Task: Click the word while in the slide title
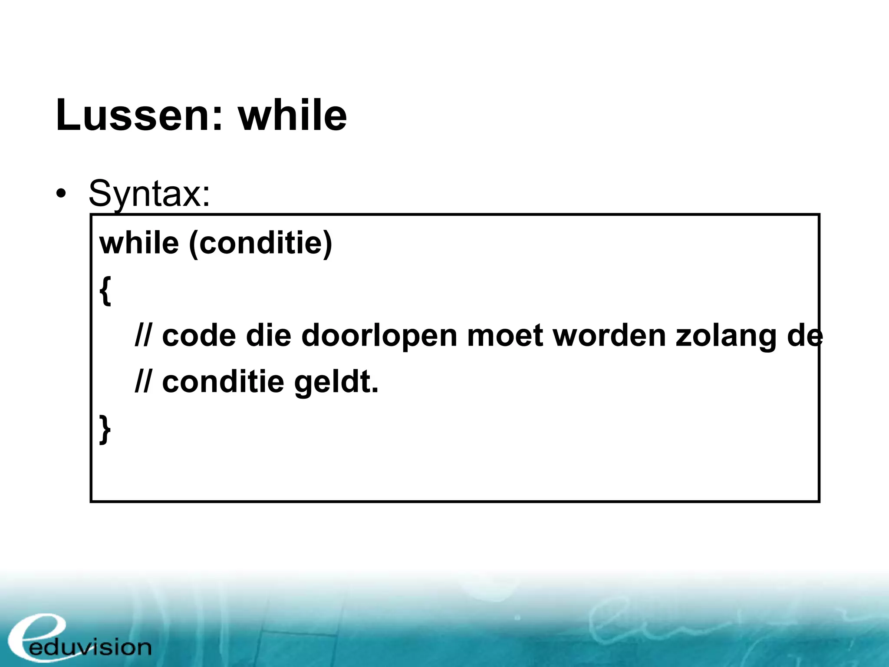pyautogui.click(x=293, y=115)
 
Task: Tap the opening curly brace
pyautogui.click(x=105, y=291)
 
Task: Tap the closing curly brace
pyautogui.click(x=105, y=429)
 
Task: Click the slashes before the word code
pyautogui.click(x=143, y=336)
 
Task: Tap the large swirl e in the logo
pyautogui.click(x=37, y=636)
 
